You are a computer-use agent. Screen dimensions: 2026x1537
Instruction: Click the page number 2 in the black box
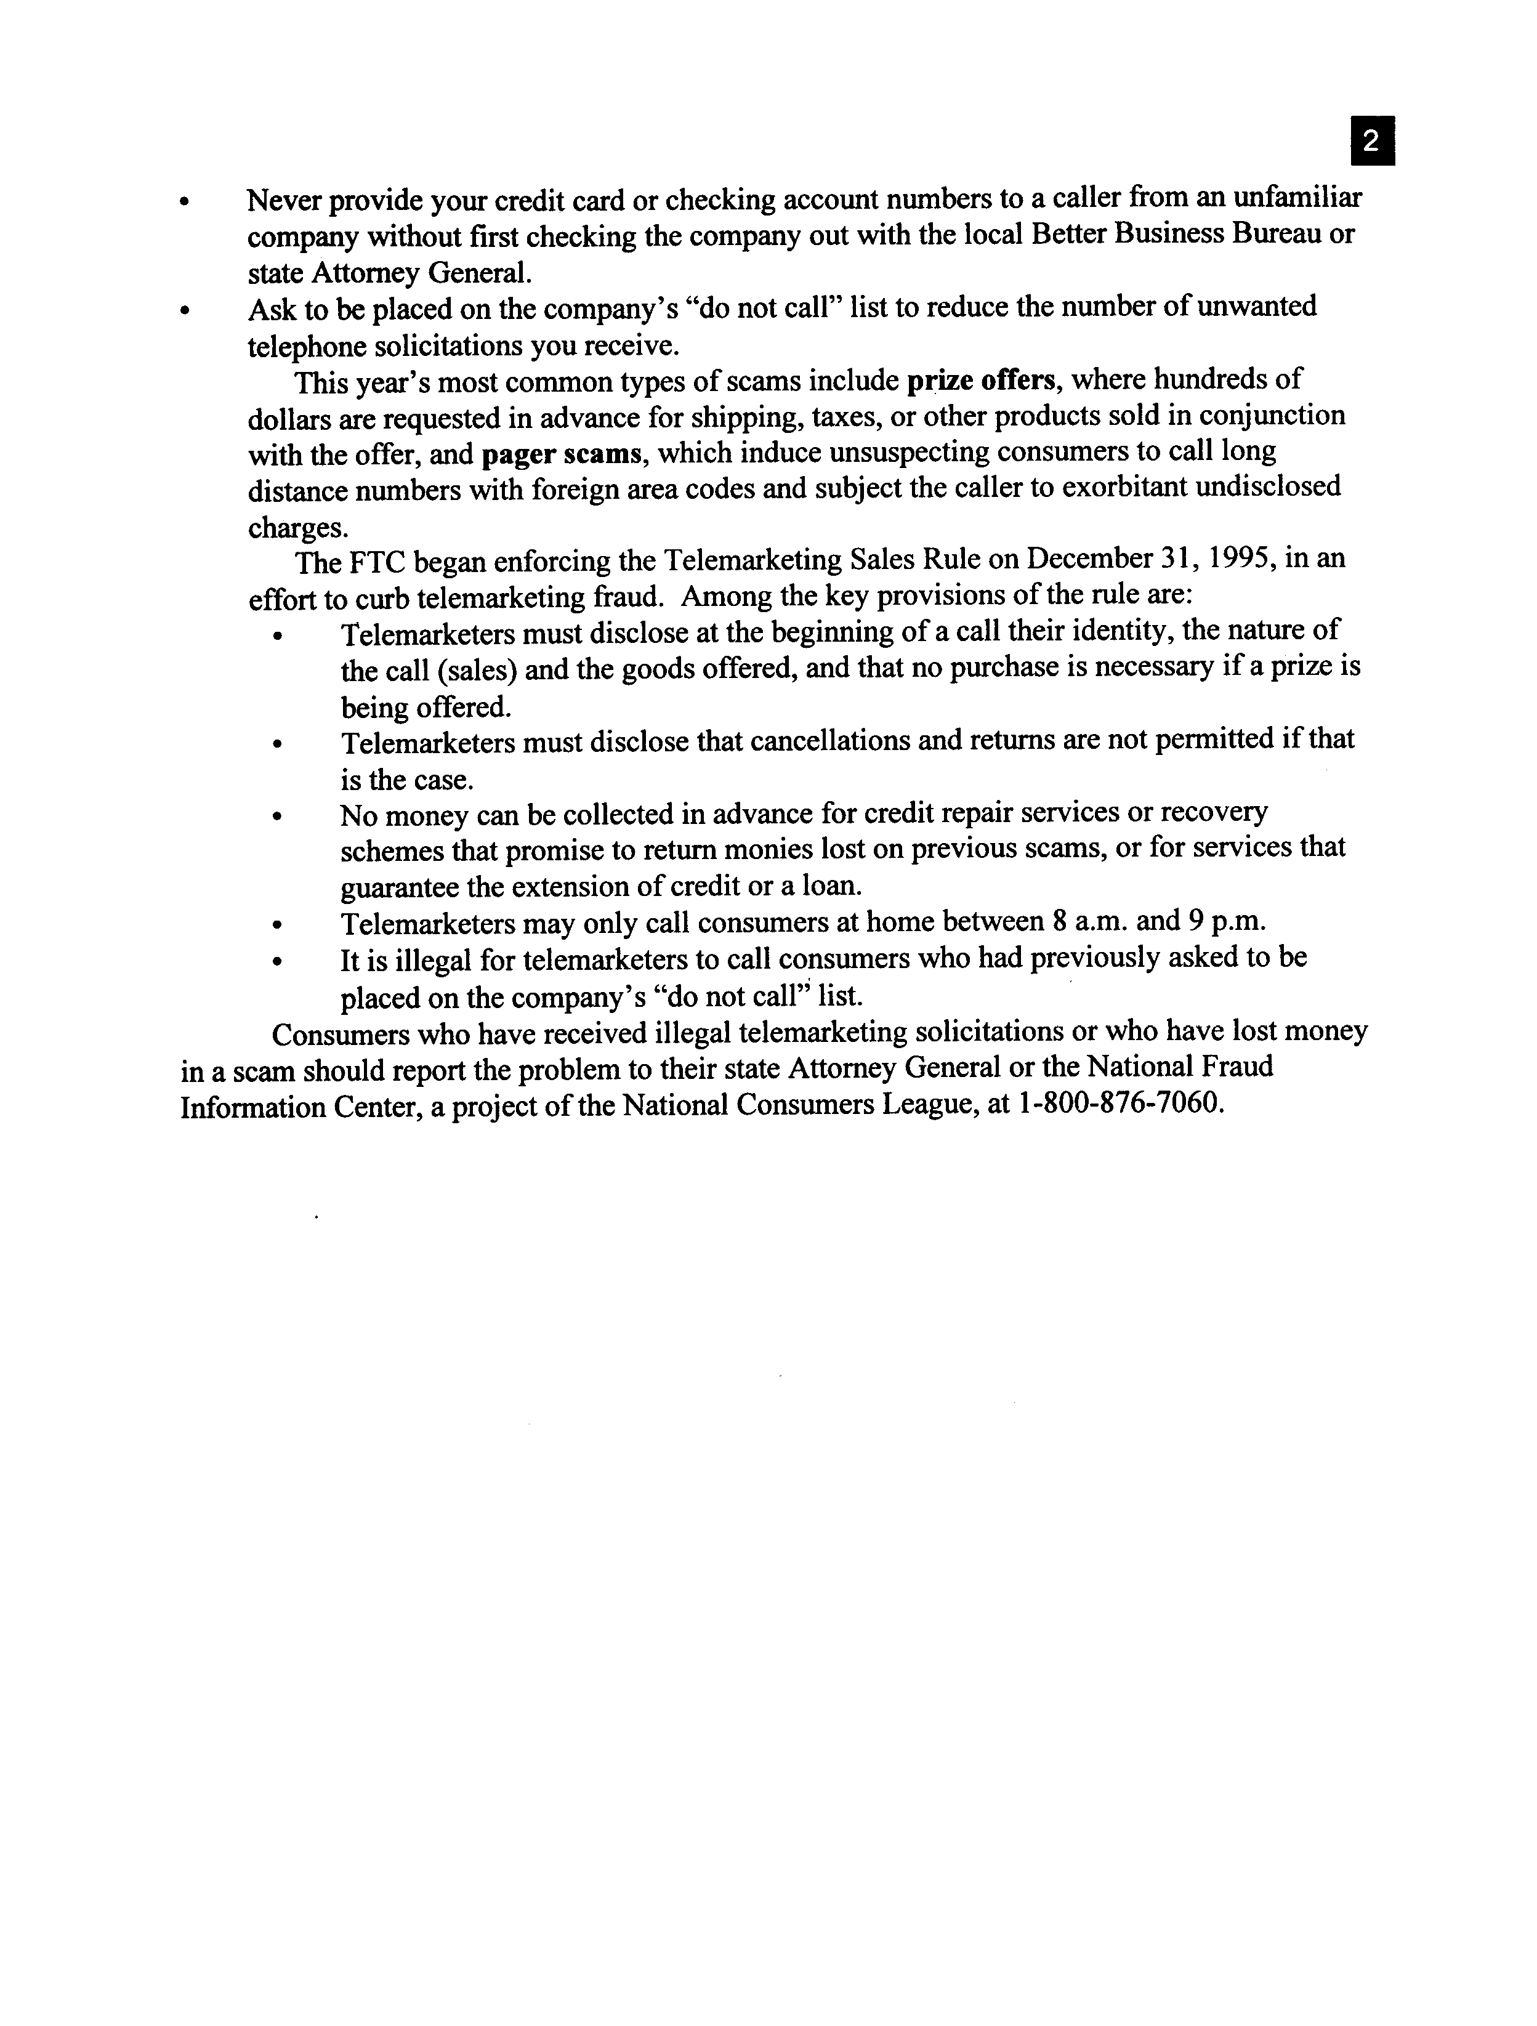tap(1371, 141)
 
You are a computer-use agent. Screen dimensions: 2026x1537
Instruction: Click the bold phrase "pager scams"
tap(560, 453)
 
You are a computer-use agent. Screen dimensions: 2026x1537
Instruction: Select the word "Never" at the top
tap(289, 200)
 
